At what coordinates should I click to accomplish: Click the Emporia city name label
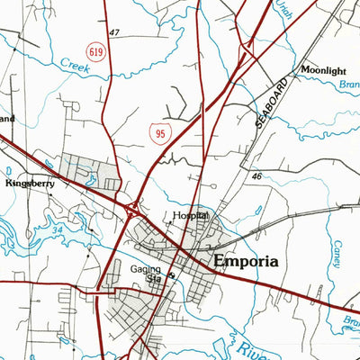point(246,262)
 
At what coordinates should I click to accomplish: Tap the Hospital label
point(190,217)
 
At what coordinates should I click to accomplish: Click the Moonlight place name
point(322,69)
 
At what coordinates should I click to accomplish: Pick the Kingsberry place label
point(31,183)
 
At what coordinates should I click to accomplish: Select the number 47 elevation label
point(114,32)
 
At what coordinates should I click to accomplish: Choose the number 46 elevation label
point(256,178)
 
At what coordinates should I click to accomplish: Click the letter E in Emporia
point(219,262)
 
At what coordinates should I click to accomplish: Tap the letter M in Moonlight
point(305,69)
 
